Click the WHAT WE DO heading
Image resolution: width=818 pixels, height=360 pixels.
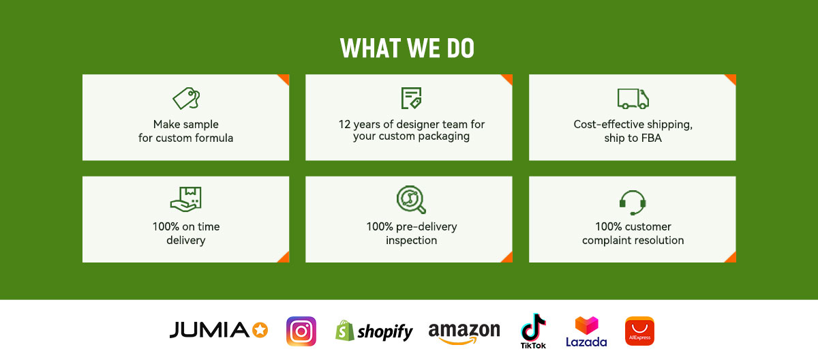(407, 48)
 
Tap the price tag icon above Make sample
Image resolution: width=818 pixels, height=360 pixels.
(186, 98)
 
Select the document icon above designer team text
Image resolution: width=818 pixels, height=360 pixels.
(411, 98)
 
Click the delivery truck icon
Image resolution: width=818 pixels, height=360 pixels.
(633, 99)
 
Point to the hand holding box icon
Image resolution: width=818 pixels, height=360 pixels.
(186, 199)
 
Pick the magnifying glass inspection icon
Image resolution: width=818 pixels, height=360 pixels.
(411, 199)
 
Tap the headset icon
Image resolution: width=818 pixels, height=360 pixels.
(633, 202)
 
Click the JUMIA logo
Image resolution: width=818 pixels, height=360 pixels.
(218, 330)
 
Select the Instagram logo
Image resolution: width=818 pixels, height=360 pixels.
(301, 331)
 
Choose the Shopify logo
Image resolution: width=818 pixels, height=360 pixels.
(374, 331)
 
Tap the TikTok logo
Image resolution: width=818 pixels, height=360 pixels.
(533, 331)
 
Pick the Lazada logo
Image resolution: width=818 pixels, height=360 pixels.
(586, 331)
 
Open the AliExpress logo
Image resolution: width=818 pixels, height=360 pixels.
(640, 331)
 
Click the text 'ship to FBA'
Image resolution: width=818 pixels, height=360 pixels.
(633, 138)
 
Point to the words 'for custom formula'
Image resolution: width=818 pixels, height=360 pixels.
(185, 138)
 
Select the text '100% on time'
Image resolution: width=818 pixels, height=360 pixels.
(186, 226)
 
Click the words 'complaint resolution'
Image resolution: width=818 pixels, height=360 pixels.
(633, 240)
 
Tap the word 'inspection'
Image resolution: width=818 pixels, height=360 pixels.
(411, 240)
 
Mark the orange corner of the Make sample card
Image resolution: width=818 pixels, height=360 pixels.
(285, 78)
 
